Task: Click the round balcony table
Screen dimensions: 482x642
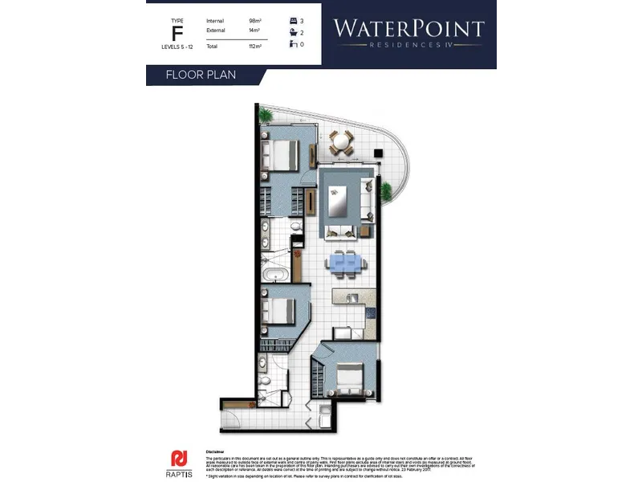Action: click(x=341, y=143)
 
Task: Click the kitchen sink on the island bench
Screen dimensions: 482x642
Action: click(x=351, y=299)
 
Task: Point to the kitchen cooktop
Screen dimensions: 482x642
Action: click(x=371, y=314)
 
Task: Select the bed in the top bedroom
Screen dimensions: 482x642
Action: click(x=280, y=153)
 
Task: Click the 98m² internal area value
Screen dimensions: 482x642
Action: click(x=256, y=20)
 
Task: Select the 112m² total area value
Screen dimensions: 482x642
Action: click(x=256, y=47)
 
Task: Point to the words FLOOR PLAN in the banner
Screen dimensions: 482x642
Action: click(x=200, y=76)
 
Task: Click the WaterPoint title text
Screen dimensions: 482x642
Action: click(x=408, y=29)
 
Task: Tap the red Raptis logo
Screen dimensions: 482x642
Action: click(x=181, y=458)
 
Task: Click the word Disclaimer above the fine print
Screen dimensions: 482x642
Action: click(x=215, y=452)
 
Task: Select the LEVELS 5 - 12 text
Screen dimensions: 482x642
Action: click(x=177, y=47)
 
